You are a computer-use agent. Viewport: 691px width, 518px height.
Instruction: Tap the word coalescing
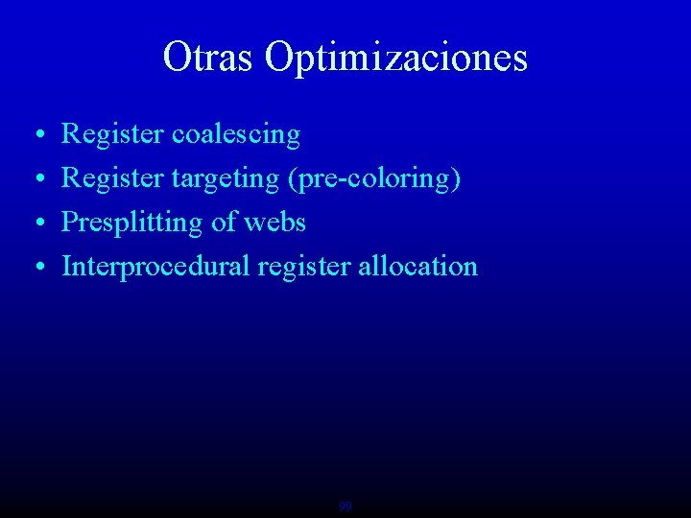tap(236, 135)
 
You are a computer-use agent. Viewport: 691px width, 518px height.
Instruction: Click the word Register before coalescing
tap(112, 135)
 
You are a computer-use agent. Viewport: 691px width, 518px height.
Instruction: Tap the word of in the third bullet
tap(224, 223)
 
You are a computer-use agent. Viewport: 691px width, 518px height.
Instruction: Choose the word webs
tap(274, 223)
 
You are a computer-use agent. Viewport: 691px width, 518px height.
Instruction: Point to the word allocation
tap(417, 266)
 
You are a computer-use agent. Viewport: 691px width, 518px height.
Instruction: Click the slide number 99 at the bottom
tap(345, 506)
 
